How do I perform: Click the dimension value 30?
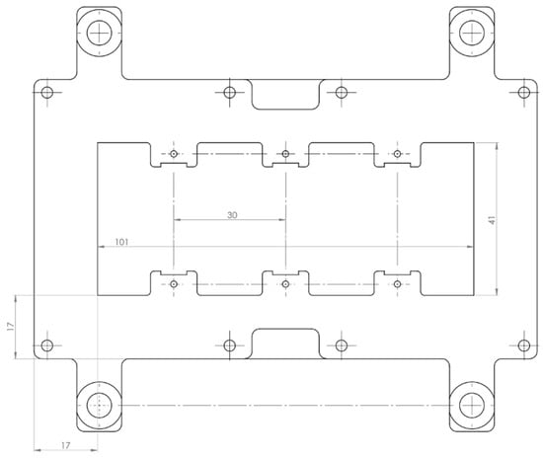coord(232,214)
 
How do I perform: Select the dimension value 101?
coord(120,241)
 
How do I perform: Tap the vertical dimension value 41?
coord(490,219)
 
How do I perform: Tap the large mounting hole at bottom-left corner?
coord(99,405)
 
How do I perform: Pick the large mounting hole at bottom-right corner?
coord(472,405)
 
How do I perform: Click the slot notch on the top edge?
coord(284,94)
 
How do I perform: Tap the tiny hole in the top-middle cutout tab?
coord(285,154)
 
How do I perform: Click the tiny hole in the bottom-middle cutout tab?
coord(285,283)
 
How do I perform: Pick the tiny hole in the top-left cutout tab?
coord(174,154)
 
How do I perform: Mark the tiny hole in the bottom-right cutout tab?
coord(397,283)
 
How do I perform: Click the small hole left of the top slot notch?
coord(229,93)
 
